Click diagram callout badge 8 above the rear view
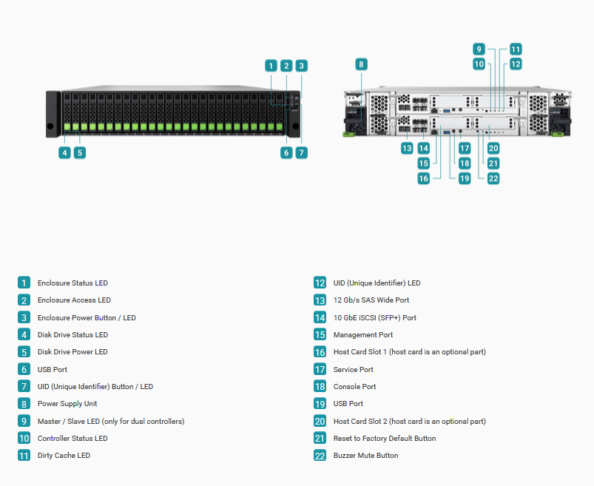361,64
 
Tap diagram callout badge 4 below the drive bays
65,152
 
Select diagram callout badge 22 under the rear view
493,178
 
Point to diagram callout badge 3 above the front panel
302,66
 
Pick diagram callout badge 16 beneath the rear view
424,178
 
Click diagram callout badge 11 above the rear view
516,50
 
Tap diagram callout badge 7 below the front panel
302,152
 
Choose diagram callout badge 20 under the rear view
493,148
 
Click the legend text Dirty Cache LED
64,456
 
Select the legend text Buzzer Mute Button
365,456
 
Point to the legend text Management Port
363,335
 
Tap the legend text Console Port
354,386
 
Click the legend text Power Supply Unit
67,404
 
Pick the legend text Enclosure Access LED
74,300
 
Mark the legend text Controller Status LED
72,438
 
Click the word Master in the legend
49,421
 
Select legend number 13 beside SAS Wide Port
320,300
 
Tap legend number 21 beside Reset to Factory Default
320,438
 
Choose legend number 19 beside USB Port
320,404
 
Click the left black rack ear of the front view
53,114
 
